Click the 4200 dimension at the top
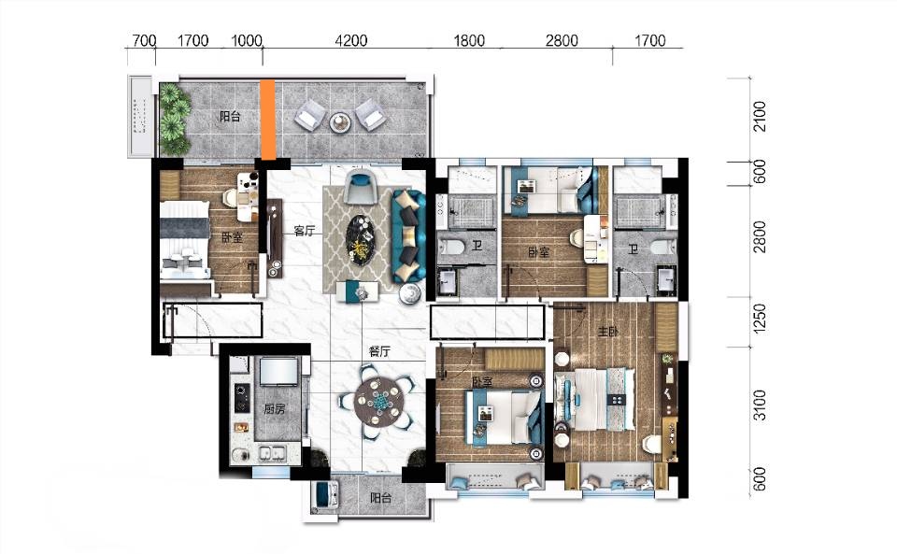click(x=350, y=40)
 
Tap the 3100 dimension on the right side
click(x=759, y=405)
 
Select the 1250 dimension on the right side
click(x=759, y=318)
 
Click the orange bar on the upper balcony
click(x=267, y=120)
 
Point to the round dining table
click(x=377, y=403)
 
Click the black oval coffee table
click(x=362, y=239)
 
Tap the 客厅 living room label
click(x=305, y=231)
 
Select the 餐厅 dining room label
click(x=379, y=351)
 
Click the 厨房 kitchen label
click(x=274, y=409)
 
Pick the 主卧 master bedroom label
click(x=607, y=331)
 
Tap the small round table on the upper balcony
click(x=340, y=121)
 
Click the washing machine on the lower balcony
click(x=325, y=495)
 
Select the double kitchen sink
click(x=272, y=453)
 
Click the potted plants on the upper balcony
click(x=175, y=119)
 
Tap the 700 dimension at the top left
click(x=144, y=40)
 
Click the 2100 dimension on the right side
click(x=759, y=116)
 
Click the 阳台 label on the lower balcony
click(x=380, y=498)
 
